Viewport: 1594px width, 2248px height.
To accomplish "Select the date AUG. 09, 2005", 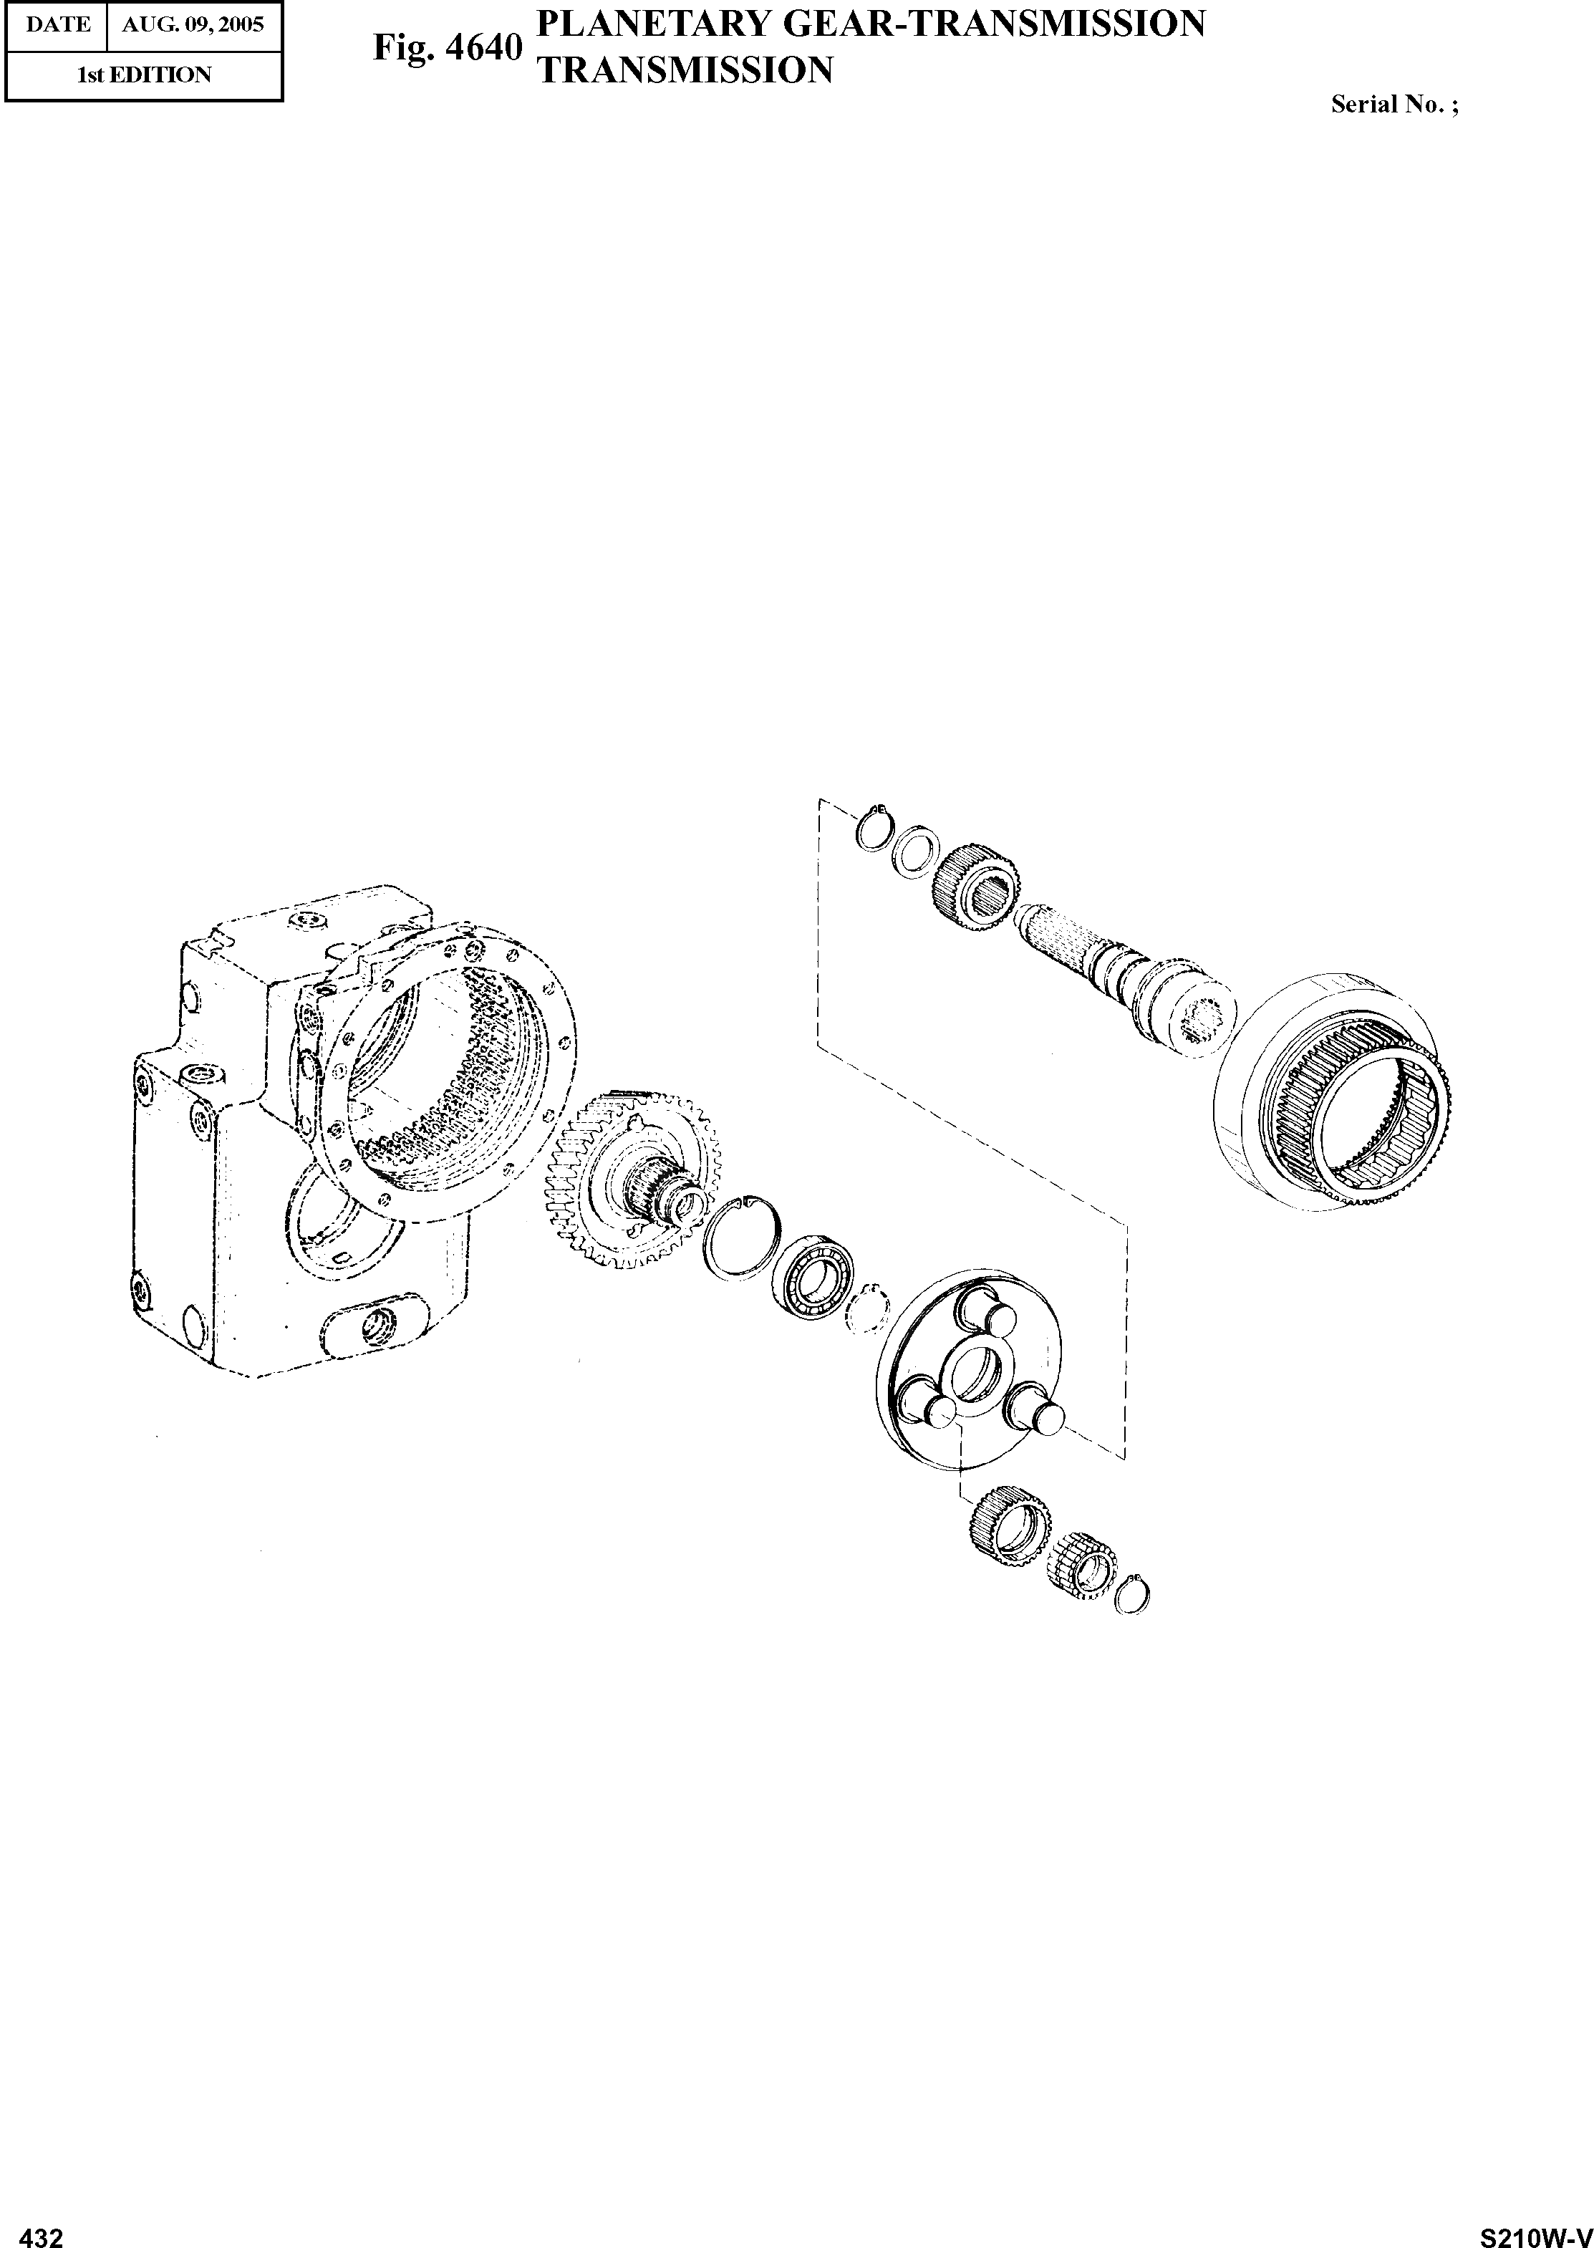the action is click(193, 24).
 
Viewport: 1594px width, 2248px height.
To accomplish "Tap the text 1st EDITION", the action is click(144, 74).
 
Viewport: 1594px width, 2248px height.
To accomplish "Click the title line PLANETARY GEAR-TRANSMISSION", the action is click(873, 23).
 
